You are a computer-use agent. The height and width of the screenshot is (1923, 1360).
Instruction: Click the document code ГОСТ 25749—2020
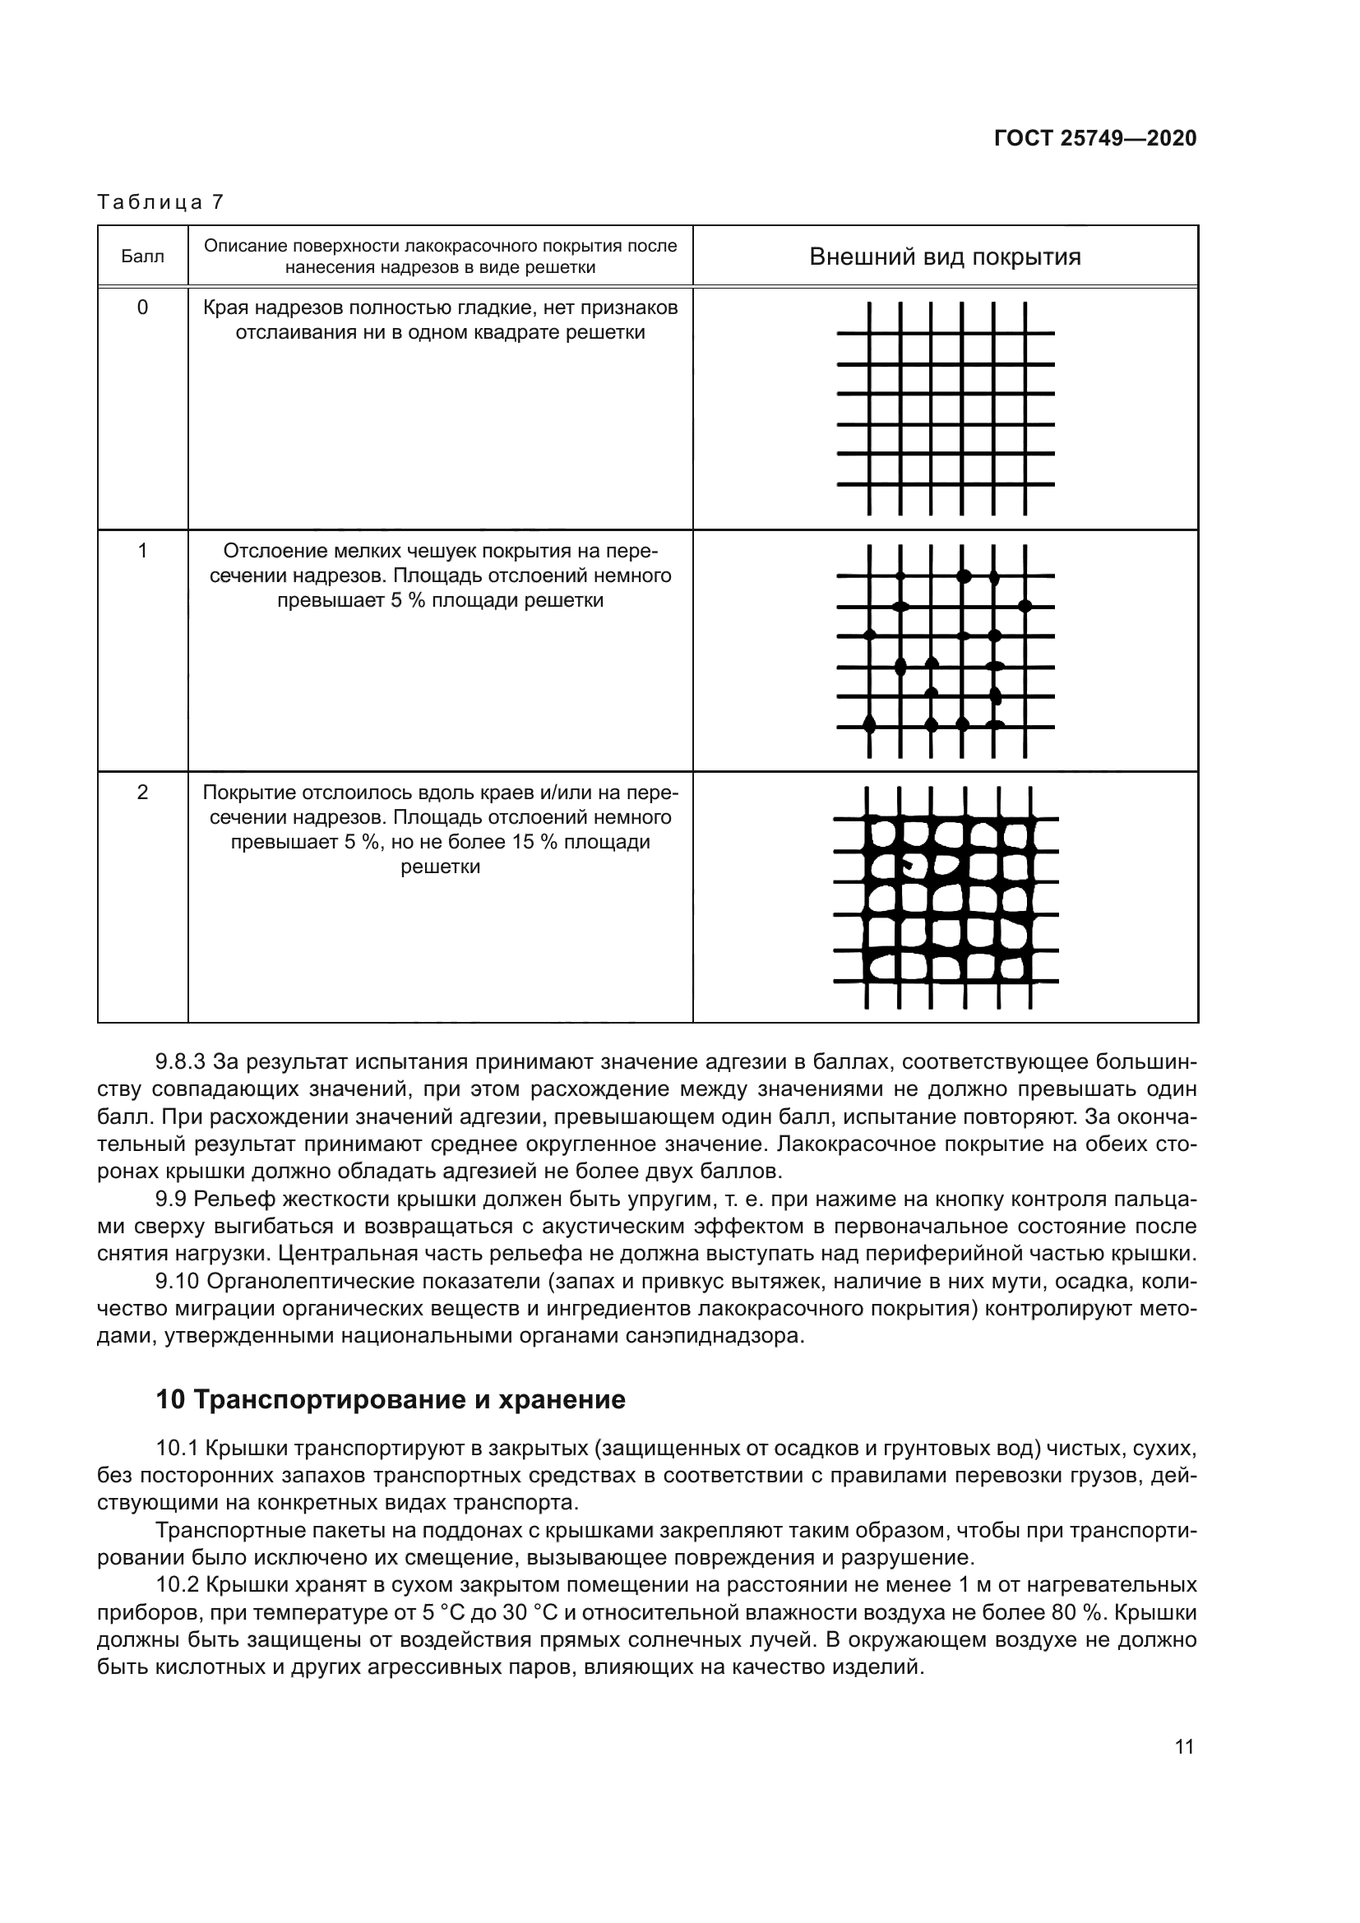click(1094, 138)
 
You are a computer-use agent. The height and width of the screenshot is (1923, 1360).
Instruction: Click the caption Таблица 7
click(160, 202)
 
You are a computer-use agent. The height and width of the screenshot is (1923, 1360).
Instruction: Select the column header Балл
click(142, 257)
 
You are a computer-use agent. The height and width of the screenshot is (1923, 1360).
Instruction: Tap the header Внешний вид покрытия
click(945, 257)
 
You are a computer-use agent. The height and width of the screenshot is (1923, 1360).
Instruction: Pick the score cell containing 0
click(142, 307)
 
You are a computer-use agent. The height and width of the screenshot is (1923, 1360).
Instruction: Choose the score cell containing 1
click(142, 550)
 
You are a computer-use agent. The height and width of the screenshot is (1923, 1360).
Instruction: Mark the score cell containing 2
click(142, 792)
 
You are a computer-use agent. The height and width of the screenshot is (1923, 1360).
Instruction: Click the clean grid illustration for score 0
click(946, 408)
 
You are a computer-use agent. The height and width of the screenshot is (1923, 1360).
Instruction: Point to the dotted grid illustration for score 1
click(946, 651)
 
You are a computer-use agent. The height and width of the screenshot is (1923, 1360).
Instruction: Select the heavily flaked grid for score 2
click(946, 897)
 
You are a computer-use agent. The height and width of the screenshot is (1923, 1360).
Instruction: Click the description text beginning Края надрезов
click(441, 320)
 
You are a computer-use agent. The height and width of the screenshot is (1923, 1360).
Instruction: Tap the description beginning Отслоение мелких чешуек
click(441, 576)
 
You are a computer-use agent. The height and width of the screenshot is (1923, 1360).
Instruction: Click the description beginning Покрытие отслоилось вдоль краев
click(441, 830)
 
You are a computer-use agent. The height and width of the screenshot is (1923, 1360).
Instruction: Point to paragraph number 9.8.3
click(180, 1062)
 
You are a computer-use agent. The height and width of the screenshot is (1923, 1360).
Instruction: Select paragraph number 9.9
click(173, 1199)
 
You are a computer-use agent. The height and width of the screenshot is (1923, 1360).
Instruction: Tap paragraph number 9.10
click(177, 1281)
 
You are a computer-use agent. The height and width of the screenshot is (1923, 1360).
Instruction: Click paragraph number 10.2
click(177, 1584)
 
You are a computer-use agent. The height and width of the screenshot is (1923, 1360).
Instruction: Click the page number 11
click(1184, 1747)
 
